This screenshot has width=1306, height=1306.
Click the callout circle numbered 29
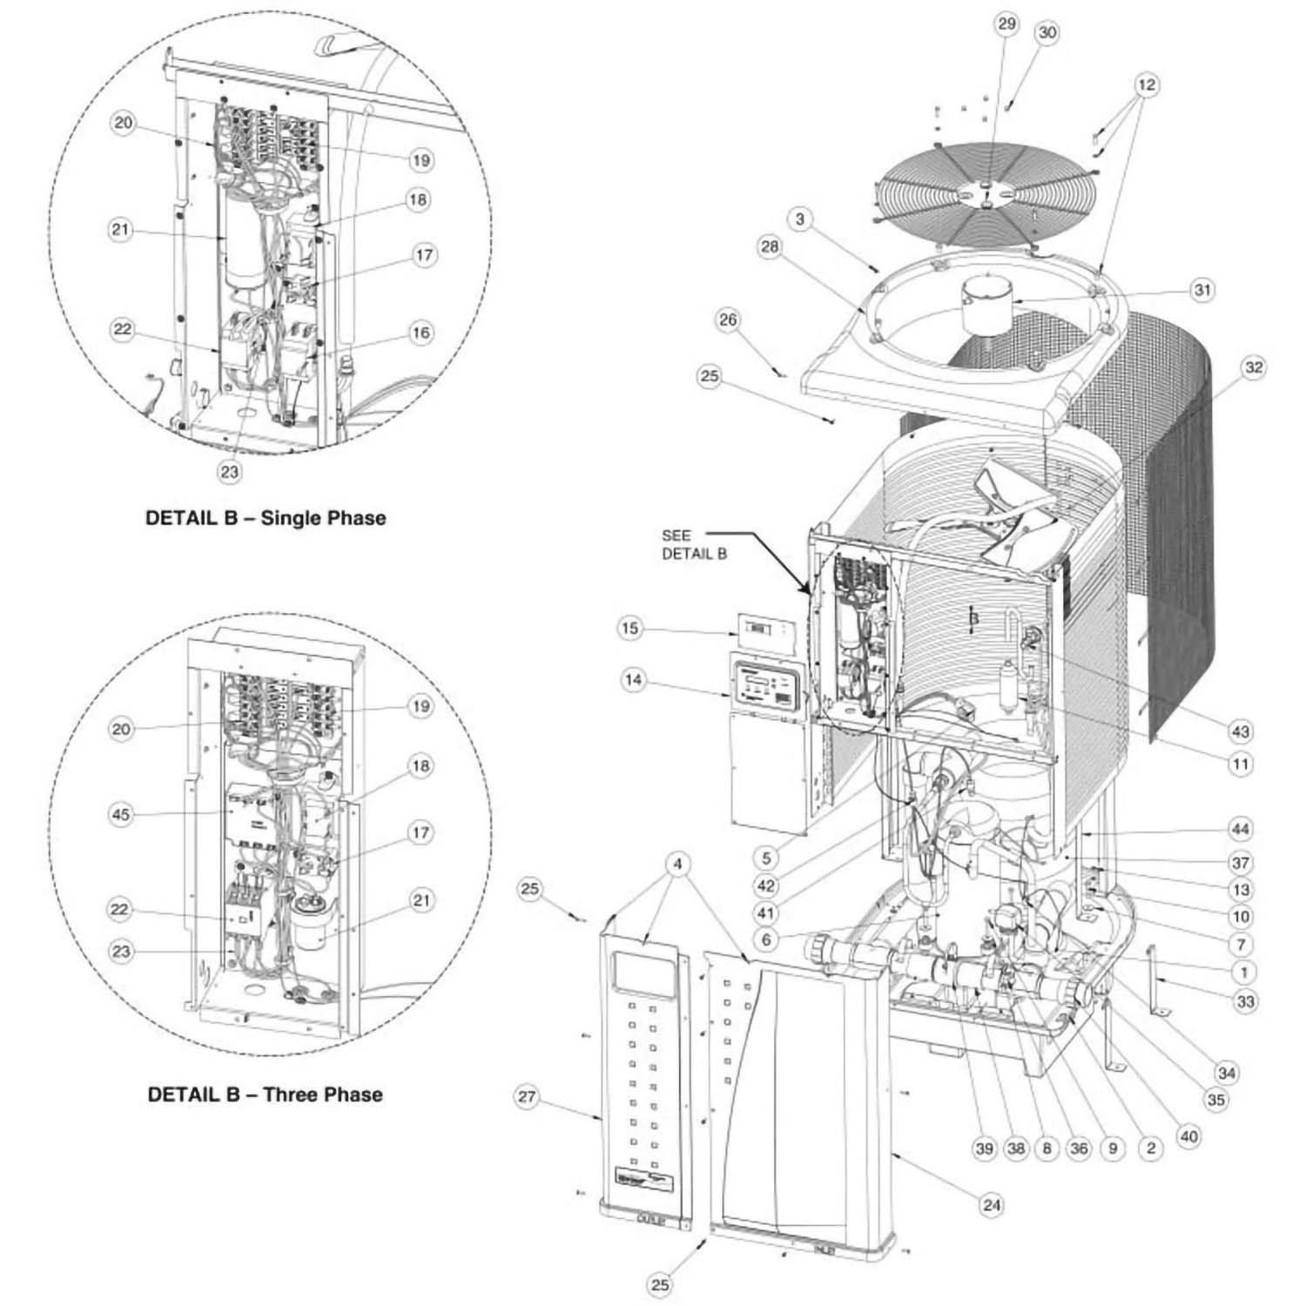click(x=1006, y=24)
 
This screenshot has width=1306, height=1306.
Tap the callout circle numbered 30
click(x=1047, y=32)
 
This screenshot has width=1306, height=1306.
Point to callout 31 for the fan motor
click(x=1202, y=289)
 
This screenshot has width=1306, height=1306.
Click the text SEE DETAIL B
click(x=693, y=544)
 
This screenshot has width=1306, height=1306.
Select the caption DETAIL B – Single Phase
click(x=265, y=518)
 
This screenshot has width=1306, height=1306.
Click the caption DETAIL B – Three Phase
click(x=265, y=1094)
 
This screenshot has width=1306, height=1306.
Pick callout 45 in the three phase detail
click(x=122, y=814)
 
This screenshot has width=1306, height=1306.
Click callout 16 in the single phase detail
click(x=421, y=333)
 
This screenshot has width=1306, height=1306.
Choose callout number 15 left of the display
click(x=631, y=627)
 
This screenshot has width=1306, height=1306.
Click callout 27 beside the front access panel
click(x=528, y=1096)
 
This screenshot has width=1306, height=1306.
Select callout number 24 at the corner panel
click(x=992, y=1205)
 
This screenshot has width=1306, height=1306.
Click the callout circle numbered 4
click(x=678, y=865)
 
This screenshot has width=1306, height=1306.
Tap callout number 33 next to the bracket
click(x=1246, y=1001)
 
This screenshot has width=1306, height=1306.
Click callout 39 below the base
click(x=984, y=1148)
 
